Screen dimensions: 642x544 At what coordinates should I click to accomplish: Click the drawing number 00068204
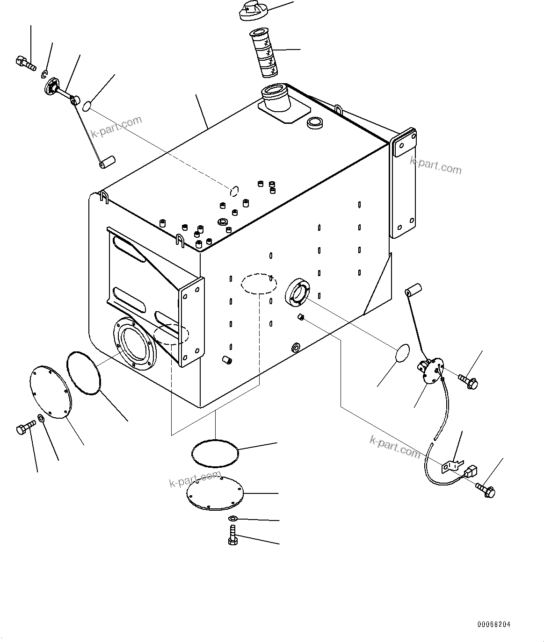(x=494, y=624)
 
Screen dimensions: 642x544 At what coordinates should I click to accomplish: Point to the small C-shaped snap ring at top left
(x=45, y=73)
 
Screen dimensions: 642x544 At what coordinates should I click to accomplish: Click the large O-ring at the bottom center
(x=216, y=452)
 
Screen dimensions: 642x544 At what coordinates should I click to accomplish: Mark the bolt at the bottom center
(x=232, y=534)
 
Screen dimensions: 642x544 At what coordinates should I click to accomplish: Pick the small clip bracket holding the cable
(x=451, y=465)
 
